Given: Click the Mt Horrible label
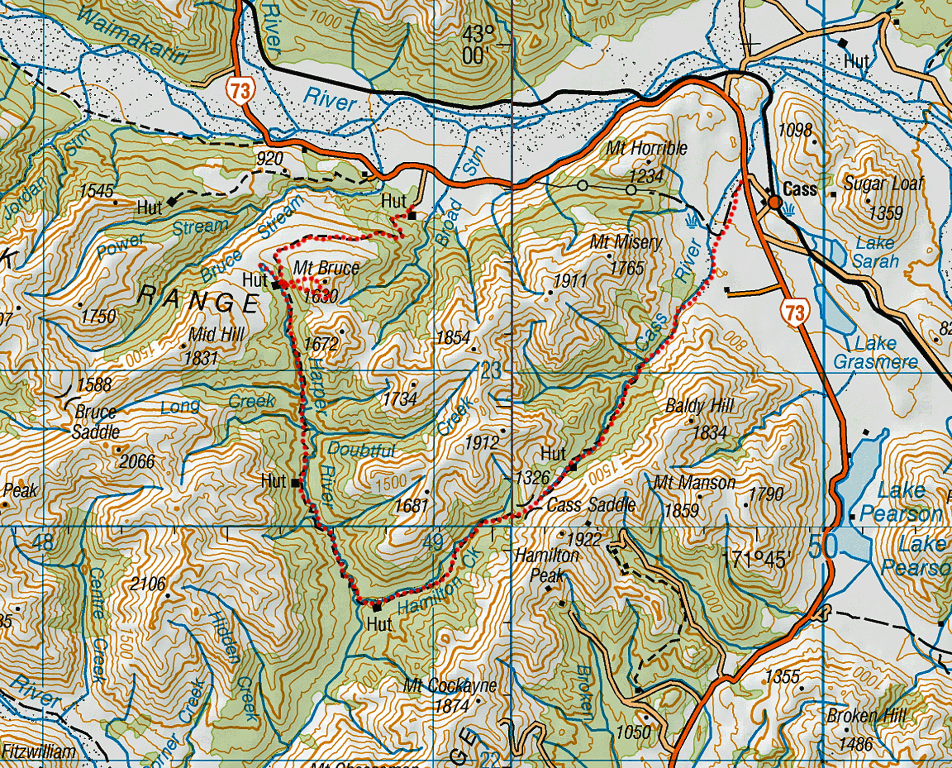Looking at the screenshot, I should pyautogui.click(x=646, y=148).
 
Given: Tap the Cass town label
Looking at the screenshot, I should pyautogui.click(x=799, y=189).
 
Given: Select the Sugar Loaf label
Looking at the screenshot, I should pyautogui.click(x=883, y=184).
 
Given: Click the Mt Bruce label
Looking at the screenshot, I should pyautogui.click(x=326, y=268).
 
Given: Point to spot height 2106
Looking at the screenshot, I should pyautogui.click(x=148, y=584).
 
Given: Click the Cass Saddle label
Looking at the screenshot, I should pyautogui.click(x=591, y=505).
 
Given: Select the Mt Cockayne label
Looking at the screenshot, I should pyautogui.click(x=449, y=686).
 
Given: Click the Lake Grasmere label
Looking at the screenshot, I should pyautogui.click(x=875, y=353).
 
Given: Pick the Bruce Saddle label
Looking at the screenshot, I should pyautogui.click(x=96, y=422).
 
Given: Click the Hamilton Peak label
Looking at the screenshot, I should pyautogui.click(x=547, y=565).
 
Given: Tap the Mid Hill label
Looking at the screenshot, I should pyautogui.click(x=216, y=335).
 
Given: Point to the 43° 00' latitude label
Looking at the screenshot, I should pyautogui.click(x=478, y=45).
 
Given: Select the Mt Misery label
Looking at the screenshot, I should pyautogui.click(x=626, y=242).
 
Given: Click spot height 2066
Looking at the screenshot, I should pyautogui.click(x=137, y=461).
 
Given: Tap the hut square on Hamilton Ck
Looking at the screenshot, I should pyautogui.click(x=377, y=607).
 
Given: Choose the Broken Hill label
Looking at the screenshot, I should pyautogui.click(x=866, y=716).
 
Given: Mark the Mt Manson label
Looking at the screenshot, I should pyautogui.click(x=694, y=482).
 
